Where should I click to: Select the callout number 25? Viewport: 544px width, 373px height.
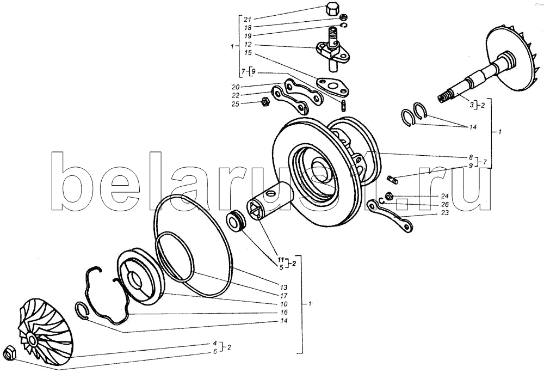(235, 104)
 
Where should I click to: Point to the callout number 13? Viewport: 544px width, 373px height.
(284, 288)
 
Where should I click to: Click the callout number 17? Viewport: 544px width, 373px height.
(284, 296)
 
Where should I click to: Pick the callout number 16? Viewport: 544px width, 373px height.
(284, 312)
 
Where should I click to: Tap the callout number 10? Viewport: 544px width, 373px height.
(284, 304)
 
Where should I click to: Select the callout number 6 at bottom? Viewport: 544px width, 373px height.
(215, 351)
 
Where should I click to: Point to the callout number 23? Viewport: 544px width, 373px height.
(444, 212)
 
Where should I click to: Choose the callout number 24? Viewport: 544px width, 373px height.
(444, 196)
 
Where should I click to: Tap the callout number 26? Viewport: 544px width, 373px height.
(444, 204)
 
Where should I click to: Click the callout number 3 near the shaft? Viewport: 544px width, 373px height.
(472, 105)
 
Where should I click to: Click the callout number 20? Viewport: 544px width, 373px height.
(235, 87)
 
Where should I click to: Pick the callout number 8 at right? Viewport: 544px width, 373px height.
(471, 157)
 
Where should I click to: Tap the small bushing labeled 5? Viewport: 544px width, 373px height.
(236, 221)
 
